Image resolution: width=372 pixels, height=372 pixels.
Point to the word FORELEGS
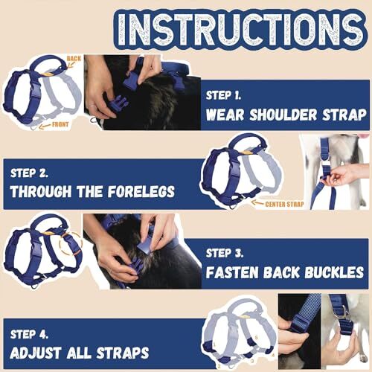click(136, 191)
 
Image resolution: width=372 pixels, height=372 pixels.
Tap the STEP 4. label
click(36, 333)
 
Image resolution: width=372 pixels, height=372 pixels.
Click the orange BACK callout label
click(74, 57)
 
